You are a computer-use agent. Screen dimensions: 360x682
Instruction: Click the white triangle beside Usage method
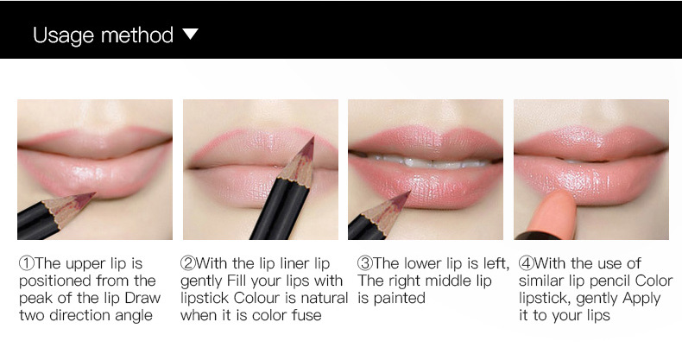click(191, 35)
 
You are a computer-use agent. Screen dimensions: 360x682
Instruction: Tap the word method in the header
click(137, 35)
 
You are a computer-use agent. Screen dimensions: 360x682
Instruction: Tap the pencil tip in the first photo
click(92, 198)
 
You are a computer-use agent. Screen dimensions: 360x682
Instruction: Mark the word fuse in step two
click(306, 315)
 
